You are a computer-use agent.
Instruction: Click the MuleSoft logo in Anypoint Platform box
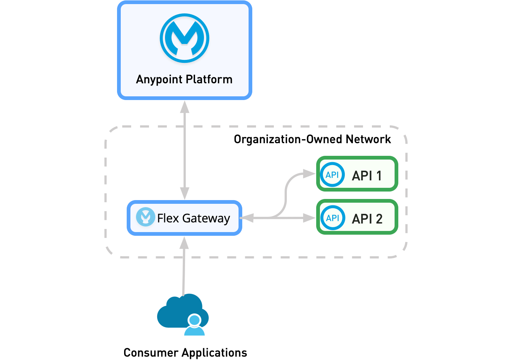pos(185,38)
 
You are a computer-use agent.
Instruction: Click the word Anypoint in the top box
pos(159,80)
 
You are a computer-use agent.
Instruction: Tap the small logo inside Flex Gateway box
pos(145,217)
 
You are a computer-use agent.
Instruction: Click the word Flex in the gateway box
pos(168,218)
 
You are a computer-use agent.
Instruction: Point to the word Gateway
pos(206,218)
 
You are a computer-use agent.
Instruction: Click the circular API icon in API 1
pos(332,175)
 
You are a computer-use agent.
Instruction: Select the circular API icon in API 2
pos(333,218)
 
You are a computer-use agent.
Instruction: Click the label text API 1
pos(366,176)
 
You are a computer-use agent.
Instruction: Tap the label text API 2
pos(367,219)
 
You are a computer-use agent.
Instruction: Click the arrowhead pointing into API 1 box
pos(309,173)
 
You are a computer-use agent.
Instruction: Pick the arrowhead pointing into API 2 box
pos(309,218)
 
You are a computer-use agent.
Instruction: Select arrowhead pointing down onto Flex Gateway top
pos(185,193)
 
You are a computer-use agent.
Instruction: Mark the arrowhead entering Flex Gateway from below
pos(184,243)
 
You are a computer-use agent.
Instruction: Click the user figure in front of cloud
pos(194,326)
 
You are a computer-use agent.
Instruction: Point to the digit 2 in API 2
pos(379,219)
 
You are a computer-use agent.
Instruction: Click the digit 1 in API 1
pos(379,176)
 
